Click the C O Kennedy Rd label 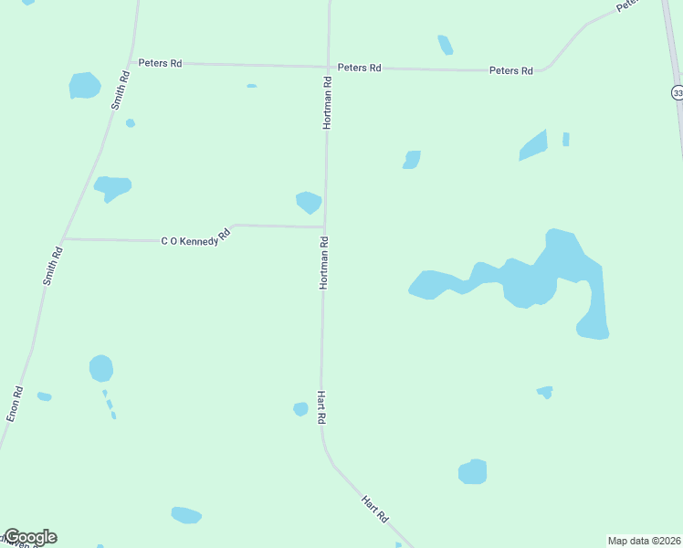[195, 238]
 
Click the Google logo [30, 537]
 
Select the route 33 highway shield [677, 92]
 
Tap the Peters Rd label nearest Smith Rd [160, 63]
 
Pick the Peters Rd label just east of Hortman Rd [359, 68]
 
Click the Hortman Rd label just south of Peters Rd [326, 102]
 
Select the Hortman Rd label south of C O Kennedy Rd [323, 263]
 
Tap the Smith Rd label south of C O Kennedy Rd [53, 266]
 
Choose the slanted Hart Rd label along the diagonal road [374, 509]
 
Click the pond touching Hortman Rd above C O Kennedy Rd [309, 202]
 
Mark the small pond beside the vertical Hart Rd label [300, 409]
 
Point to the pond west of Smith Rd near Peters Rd [84, 86]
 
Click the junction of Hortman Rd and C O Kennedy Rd [325, 227]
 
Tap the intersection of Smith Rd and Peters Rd [132, 62]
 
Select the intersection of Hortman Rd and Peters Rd [328, 67]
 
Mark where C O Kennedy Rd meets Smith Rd [64, 239]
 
